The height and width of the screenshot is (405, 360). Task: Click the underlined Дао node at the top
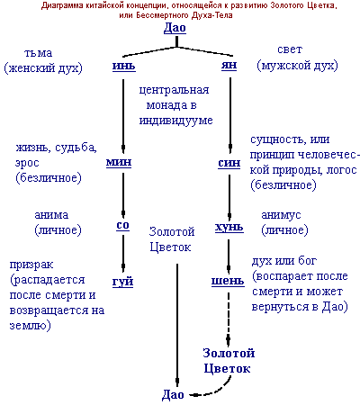(x=175, y=28)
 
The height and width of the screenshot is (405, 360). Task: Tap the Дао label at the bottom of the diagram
(x=173, y=394)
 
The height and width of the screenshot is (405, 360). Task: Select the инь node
(x=124, y=66)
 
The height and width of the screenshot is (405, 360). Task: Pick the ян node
(x=229, y=65)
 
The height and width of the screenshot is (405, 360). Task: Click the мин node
(x=119, y=162)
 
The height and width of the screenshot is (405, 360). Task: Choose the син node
(x=229, y=163)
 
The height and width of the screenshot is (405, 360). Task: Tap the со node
(x=122, y=225)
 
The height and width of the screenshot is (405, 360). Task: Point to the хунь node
(x=229, y=227)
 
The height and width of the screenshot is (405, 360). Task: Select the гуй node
(x=122, y=282)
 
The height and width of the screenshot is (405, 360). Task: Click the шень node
(x=228, y=281)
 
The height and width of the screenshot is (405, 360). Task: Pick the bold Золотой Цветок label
(x=229, y=360)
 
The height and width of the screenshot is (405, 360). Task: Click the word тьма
(x=38, y=53)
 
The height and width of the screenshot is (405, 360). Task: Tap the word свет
(x=290, y=49)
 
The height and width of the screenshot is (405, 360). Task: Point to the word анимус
(x=281, y=215)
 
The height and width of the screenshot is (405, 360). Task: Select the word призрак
(x=31, y=265)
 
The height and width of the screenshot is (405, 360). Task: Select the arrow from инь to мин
(x=123, y=116)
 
